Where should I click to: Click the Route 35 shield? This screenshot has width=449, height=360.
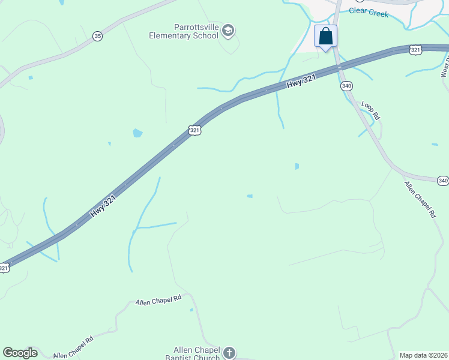[x=97, y=36]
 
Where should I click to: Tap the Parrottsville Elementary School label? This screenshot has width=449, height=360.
[x=184, y=31]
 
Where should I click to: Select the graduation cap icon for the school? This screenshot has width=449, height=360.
[x=228, y=31]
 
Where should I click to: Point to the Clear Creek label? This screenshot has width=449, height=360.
[x=369, y=13]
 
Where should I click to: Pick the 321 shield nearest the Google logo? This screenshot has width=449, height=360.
[x=4, y=268]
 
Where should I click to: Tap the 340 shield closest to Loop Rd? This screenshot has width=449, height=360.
[x=346, y=86]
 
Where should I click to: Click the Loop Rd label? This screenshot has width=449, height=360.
[x=371, y=111]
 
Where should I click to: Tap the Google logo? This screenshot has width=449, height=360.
[x=20, y=353]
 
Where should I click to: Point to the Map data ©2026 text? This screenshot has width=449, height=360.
[x=424, y=355]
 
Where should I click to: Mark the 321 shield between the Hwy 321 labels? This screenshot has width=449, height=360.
[x=193, y=130]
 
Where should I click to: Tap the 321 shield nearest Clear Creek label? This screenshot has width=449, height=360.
[x=415, y=49]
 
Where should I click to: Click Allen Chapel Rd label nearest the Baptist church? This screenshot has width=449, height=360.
[x=158, y=300]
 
